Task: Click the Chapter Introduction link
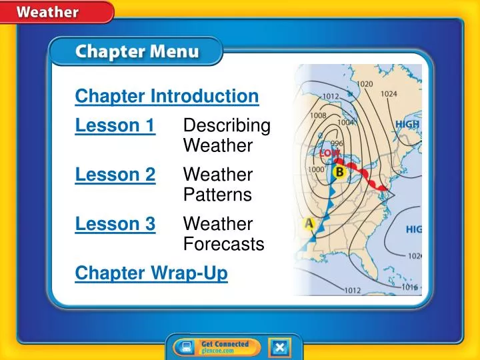167,97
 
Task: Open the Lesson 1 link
115,125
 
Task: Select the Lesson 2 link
115,175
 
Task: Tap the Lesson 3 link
115,224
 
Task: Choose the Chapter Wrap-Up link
151,273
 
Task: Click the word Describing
227,125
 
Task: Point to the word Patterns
217,195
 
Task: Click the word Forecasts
223,245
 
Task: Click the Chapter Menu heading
135,51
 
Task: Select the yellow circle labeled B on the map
339,173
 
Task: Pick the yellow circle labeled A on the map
309,223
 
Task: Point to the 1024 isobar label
389,94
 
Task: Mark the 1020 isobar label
365,84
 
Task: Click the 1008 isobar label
317,115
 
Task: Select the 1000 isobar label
315,169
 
